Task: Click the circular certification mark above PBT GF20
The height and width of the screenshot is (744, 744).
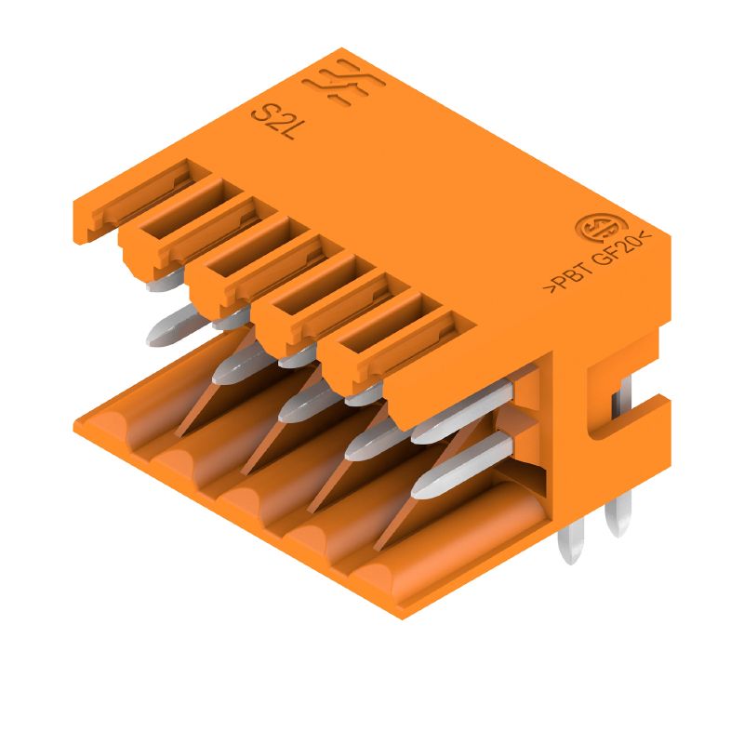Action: coord(591,228)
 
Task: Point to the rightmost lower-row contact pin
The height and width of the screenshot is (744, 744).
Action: coord(456,465)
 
